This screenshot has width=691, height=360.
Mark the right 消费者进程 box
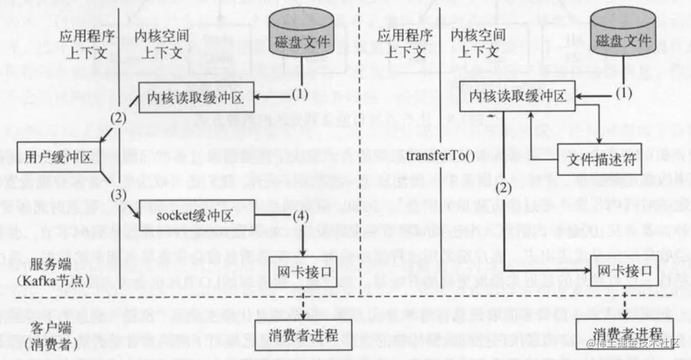(x=624, y=332)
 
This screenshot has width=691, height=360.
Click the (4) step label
(x=299, y=216)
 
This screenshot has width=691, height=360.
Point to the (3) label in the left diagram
(x=119, y=195)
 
